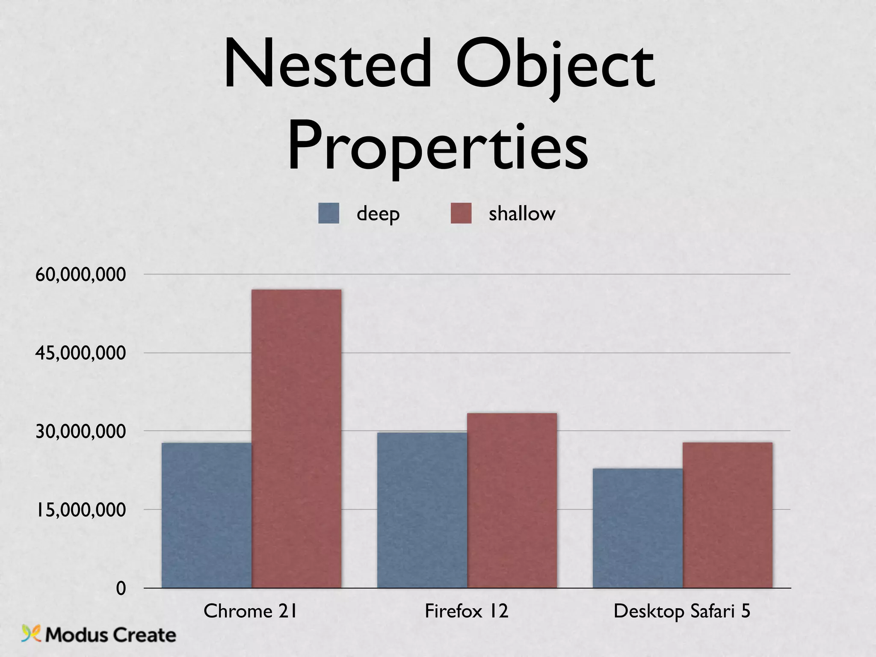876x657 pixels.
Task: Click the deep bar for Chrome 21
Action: pyautogui.click(x=207, y=515)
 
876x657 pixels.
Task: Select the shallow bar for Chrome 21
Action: pyautogui.click(x=296, y=438)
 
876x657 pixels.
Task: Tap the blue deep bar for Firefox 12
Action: pyautogui.click(x=422, y=510)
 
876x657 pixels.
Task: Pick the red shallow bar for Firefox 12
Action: pyautogui.click(x=512, y=500)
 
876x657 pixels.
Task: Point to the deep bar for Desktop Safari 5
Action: pyautogui.click(x=638, y=528)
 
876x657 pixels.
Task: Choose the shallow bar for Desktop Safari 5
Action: pyautogui.click(x=728, y=515)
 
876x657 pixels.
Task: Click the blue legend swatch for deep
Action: pyautogui.click(x=328, y=213)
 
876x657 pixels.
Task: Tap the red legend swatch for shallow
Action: pyautogui.click(x=461, y=213)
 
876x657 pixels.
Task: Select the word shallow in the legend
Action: pyautogui.click(x=522, y=213)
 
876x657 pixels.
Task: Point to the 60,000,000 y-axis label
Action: pyautogui.click(x=81, y=274)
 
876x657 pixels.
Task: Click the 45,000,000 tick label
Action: pyautogui.click(x=81, y=353)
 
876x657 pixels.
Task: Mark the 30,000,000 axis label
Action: pyautogui.click(x=81, y=431)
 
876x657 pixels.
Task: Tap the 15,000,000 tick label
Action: pyautogui.click(x=81, y=510)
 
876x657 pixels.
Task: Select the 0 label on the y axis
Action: pyautogui.click(x=121, y=589)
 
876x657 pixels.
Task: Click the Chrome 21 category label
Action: pyautogui.click(x=250, y=611)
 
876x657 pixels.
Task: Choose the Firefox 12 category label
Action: pyautogui.click(x=466, y=611)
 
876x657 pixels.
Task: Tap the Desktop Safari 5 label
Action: pyautogui.click(x=682, y=611)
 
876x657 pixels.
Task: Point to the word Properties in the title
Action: pyautogui.click(x=438, y=148)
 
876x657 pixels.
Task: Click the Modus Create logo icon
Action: pyautogui.click(x=31, y=633)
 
